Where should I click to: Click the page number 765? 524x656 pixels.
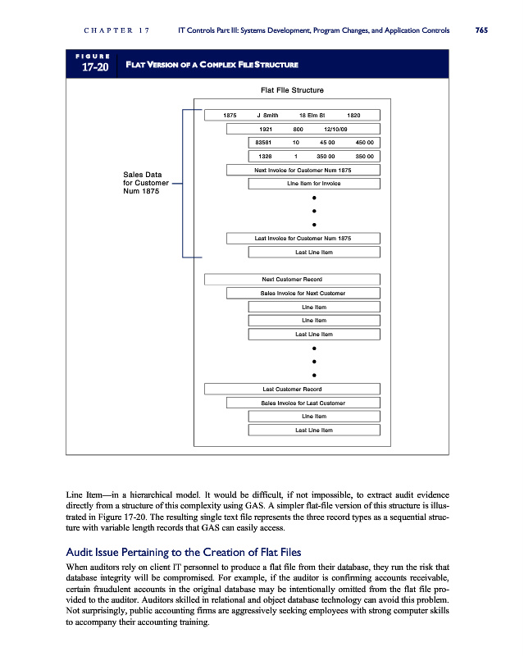coord(481,30)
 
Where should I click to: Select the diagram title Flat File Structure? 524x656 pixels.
coord(291,89)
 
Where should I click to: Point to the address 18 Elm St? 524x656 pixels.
coord(312,116)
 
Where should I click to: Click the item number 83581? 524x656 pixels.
coord(265,142)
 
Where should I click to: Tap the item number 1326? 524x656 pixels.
coord(265,155)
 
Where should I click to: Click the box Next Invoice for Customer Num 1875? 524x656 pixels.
coord(303,170)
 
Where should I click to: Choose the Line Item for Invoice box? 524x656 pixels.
coord(313,183)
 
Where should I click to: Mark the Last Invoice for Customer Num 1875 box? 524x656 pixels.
coord(303,239)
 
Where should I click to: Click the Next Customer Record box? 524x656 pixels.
coord(292,280)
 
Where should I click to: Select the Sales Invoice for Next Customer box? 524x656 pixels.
coord(303,293)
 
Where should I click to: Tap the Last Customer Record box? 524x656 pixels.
coord(292,389)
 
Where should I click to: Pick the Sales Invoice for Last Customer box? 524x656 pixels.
coord(303,403)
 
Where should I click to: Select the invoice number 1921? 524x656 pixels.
coord(265,129)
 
